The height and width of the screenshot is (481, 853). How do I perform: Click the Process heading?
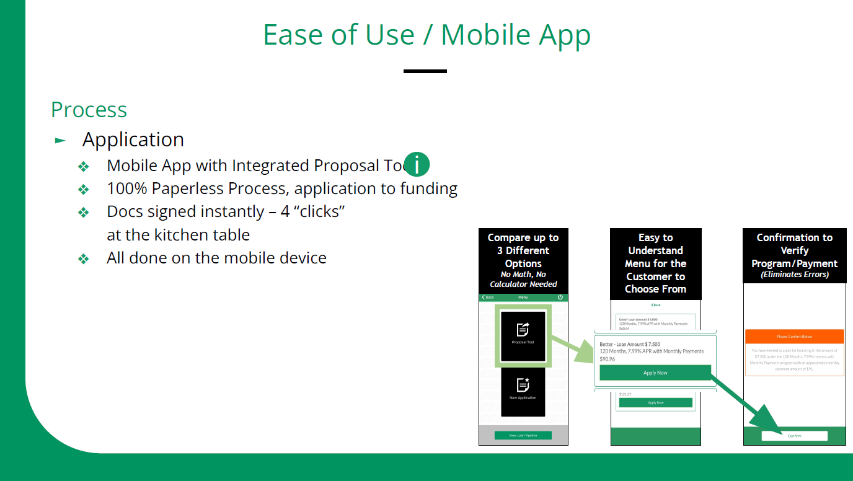(x=89, y=110)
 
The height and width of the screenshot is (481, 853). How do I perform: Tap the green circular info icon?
(x=417, y=165)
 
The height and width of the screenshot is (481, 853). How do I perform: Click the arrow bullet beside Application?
(x=60, y=140)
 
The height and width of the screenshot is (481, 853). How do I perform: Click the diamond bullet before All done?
(x=83, y=258)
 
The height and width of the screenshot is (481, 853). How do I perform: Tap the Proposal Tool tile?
(x=523, y=335)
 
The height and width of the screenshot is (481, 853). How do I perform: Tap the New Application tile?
(x=523, y=391)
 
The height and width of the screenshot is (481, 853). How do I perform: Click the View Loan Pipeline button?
(x=523, y=435)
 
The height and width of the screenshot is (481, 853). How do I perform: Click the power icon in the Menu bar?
(x=560, y=298)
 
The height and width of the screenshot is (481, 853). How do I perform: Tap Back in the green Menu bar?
(x=488, y=298)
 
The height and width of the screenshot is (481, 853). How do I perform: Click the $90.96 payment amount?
(x=608, y=359)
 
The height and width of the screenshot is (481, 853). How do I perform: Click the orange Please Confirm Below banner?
(x=794, y=337)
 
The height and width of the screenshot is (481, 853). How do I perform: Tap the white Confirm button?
(x=794, y=436)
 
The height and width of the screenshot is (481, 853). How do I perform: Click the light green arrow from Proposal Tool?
(x=573, y=350)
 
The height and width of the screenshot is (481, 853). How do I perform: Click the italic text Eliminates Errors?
(x=795, y=275)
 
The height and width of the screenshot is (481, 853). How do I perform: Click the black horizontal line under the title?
(x=425, y=71)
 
